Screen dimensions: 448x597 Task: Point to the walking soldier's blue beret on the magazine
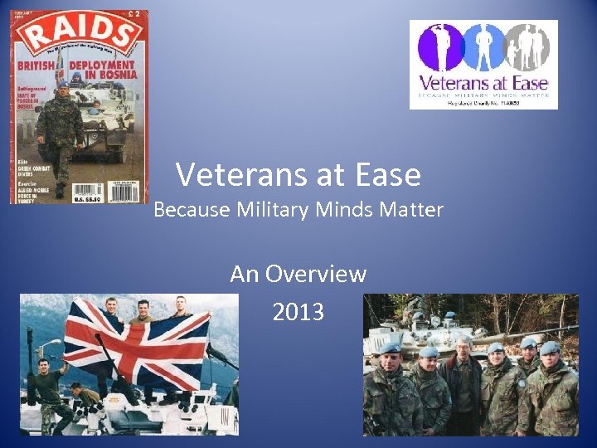(62, 85)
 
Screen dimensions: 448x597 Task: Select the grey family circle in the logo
(527, 46)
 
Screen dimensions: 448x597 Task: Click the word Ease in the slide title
(382, 175)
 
